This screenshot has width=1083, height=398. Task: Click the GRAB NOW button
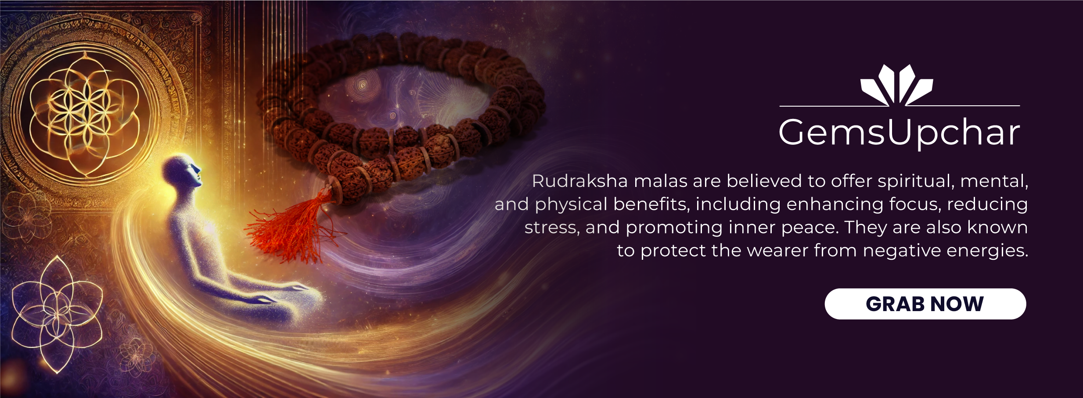pos(925,304)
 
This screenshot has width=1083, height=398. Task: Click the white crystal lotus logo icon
pos(897,85)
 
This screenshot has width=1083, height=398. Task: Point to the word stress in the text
pos(551,228)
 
